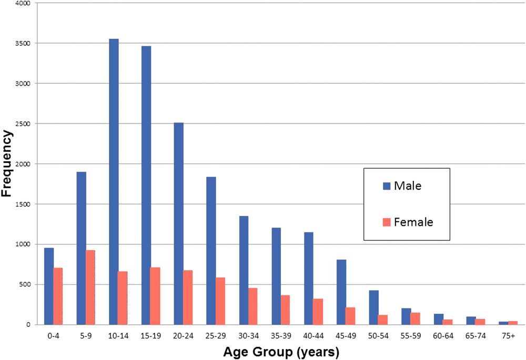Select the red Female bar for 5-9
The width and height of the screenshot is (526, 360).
90,287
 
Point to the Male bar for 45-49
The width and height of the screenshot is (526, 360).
341,292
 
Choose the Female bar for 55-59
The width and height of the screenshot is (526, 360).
416,318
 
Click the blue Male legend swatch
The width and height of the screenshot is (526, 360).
387,186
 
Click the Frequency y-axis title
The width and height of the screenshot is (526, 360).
7,163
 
